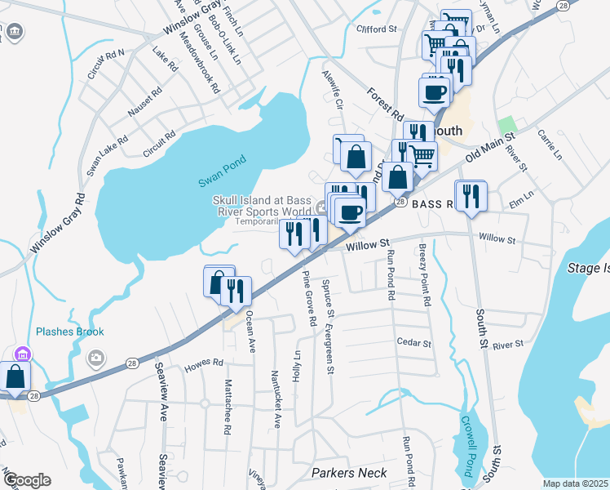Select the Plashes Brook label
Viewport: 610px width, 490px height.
pyautogui.click(x=70, y=332)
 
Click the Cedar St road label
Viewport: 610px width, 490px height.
pyautogui.click(x=413, y=342)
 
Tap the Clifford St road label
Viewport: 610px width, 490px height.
pyautogui.click(x=376, y=29)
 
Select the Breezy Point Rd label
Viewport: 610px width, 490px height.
pyautogui.click(x=425, y=274)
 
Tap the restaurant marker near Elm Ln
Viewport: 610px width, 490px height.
pyautogui.click(x=471, y=197)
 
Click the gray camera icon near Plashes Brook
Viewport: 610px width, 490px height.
pyautogui.click(x=96, y=356)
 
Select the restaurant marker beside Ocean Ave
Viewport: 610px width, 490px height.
pyautogui.click(x=236, y=292)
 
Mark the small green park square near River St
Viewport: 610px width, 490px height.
pyautogui.click(x=507, y=124)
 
